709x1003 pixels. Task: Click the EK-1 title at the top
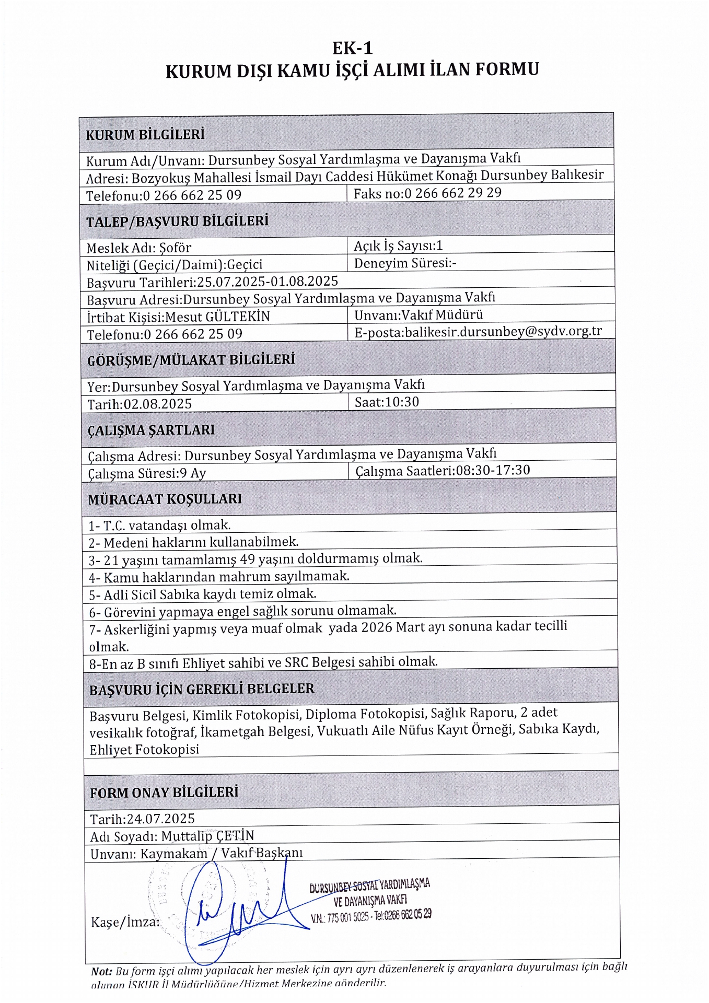(353, 48)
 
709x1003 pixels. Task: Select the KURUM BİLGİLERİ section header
(145, 135)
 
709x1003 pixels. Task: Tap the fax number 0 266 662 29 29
(453, 193)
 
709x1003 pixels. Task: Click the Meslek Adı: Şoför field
(139, 248)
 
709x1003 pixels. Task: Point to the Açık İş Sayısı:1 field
(398, 246)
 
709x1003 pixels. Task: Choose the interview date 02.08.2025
(157, 404)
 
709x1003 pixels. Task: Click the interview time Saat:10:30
(387, 402)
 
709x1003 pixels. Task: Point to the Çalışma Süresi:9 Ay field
(147, 473)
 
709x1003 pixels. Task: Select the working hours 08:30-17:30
(493, 470)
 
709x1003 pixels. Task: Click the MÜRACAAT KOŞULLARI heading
(165, 499)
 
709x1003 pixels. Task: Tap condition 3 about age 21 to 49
(255, 559)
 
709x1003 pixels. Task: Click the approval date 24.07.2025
(160, 819)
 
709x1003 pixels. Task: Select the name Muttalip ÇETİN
(207, 836)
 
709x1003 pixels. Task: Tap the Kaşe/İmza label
(125, 922)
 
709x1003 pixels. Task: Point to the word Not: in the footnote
(101, 971)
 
